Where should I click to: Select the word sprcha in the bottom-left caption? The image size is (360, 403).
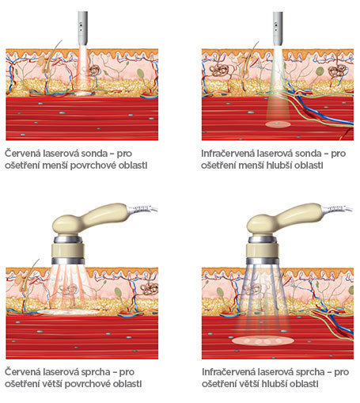(96, 372)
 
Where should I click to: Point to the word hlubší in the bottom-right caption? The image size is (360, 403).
(275, 384)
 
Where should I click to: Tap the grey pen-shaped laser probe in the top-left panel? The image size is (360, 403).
(82, 29)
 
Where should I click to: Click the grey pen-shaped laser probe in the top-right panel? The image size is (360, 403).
(278, 29)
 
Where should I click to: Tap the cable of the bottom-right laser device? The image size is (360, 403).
(338, 209)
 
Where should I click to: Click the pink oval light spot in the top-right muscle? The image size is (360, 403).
(278, 124)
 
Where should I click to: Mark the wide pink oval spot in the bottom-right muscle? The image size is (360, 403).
(263, 340)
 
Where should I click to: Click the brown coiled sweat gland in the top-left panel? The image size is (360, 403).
(95, 70)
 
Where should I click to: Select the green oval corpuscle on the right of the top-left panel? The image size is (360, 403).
(141, 73)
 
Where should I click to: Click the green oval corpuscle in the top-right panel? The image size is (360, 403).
(320, 71)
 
